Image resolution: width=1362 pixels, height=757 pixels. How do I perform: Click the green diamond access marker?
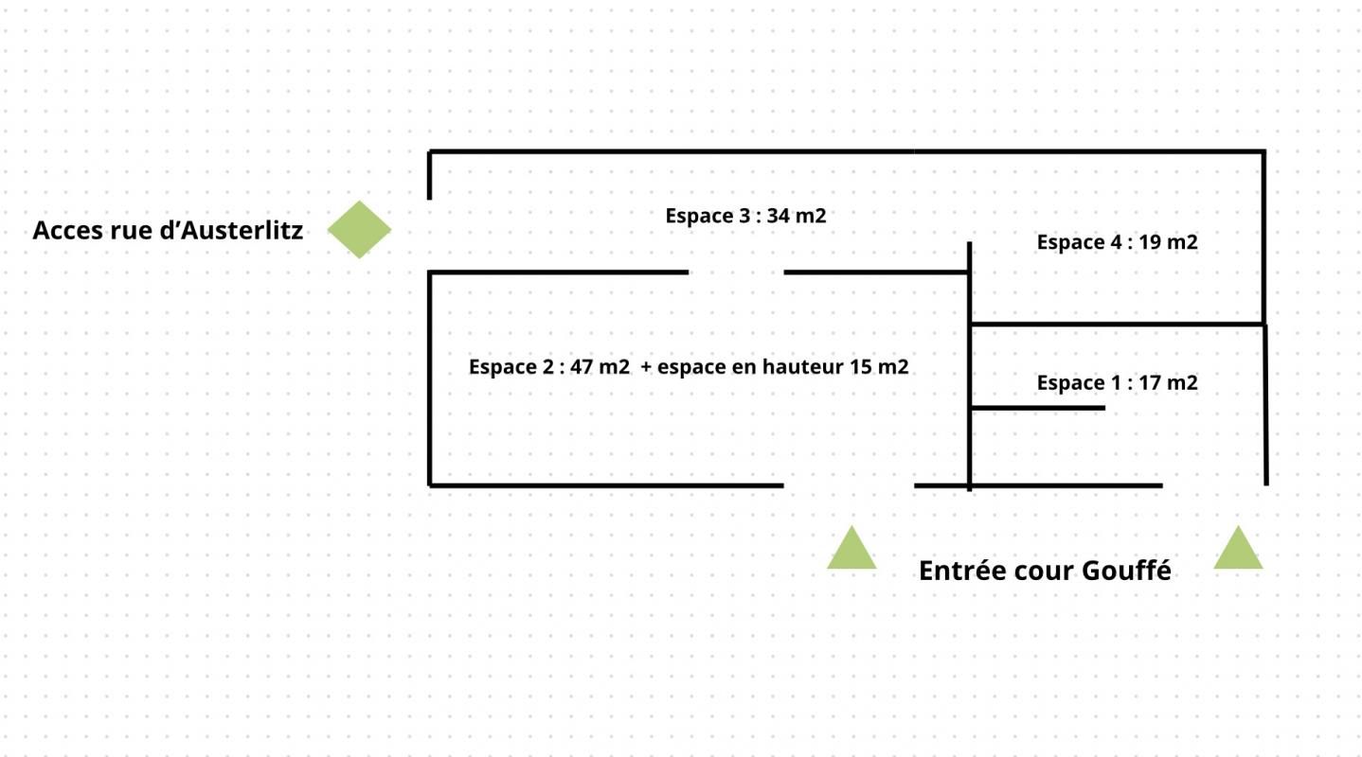(359, 230)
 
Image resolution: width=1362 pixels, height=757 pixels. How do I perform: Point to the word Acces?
(67, 231)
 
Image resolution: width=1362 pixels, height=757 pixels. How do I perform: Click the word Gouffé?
(1127, 571)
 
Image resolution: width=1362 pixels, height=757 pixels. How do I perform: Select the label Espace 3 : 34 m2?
(745, 216)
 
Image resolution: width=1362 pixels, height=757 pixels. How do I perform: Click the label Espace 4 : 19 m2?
(1117, 242)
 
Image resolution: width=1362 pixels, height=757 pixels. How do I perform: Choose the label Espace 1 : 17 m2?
(1117, 382)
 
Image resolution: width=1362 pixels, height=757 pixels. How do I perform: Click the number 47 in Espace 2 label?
(582, 367)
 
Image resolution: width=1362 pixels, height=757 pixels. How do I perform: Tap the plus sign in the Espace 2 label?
(646, 367)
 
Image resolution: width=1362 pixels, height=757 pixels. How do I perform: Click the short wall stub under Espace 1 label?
(1038, 408)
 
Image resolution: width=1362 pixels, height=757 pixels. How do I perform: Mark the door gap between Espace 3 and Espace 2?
(736, 273)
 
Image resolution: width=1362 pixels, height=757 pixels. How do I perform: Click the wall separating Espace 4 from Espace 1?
(1118, 325)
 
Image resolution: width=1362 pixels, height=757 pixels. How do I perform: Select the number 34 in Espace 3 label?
(778, 216)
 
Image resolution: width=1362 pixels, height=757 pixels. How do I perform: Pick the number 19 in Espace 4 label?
(1150, 242)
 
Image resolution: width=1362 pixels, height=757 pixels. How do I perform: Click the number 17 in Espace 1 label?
(1150, 382)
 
